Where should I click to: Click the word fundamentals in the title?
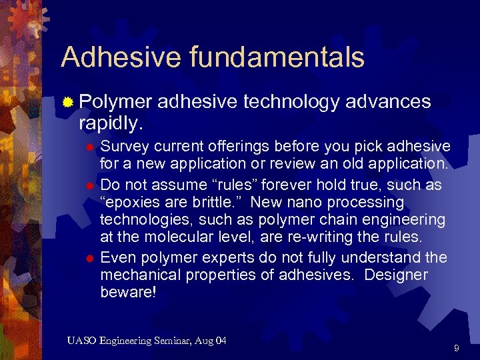point(276,57)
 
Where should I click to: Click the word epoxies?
point(136,202)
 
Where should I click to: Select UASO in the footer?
point(81,341)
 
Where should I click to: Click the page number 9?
point(456,348)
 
